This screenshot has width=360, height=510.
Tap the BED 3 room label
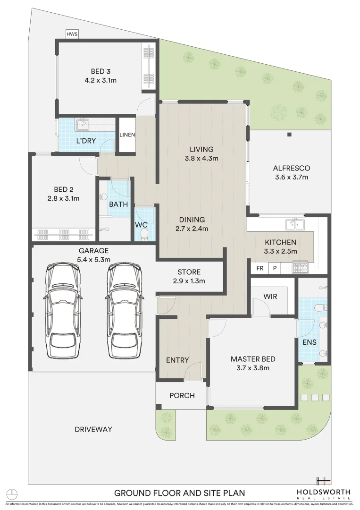pyautogui.click(x=100, y=71)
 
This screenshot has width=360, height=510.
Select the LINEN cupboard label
pyautogui.click(x=127, y=135)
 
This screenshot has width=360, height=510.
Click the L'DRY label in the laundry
pyautogui.click(x=86, y=141)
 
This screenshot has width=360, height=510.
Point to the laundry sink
pyautogui.click(x=83, y=124)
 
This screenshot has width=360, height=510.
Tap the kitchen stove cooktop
pyautogui.click(x=300, y=268)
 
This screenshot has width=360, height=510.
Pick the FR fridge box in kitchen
pyautogui.click(x=260, y=268)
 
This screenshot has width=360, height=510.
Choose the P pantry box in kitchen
pyautogui.click(x=275, y=268)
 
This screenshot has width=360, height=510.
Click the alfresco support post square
pyautogui.click(x=289, y=135)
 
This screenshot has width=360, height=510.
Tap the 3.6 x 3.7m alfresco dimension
pyautogui.click(x=291, y=178)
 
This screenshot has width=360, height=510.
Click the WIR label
pyautogui.click(x=270, y=297)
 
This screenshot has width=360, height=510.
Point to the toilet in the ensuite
pyautogui.click(x=322, y=308)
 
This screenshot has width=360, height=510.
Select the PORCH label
pyautogui.click(x=182, y=395)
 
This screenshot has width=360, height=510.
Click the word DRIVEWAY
pyautogui.click(x=93, y=429)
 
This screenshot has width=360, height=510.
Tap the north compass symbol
pyautogui.click(x=14, y=493)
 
